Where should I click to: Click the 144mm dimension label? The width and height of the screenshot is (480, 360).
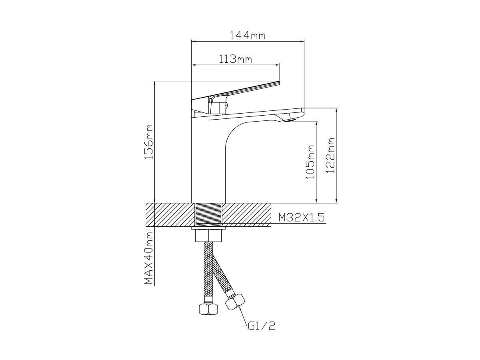tap(247, 35)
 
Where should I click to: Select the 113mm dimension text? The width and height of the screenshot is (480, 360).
tap(235, 59)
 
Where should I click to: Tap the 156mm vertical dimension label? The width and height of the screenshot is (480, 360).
tap(148, 142)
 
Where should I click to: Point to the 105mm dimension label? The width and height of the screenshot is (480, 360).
tap(310, 162)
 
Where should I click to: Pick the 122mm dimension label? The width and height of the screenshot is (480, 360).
tap(330, 156)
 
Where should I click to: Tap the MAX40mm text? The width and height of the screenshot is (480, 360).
tap(148, 258)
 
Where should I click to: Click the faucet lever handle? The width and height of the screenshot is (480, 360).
tap(235, 98)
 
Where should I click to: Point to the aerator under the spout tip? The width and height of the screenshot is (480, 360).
tap(290, 119)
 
